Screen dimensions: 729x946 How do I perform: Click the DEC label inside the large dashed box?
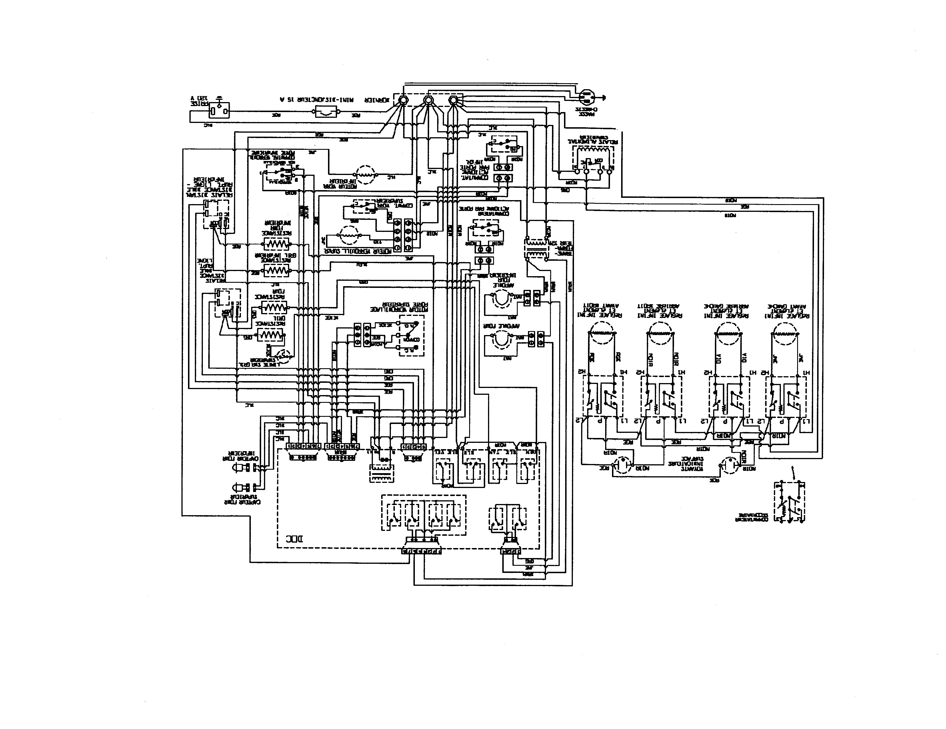pyautogui.click(x=295, y=539)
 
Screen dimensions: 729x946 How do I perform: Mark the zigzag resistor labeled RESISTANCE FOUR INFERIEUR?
pyautogui.click(x=276, y=244)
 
